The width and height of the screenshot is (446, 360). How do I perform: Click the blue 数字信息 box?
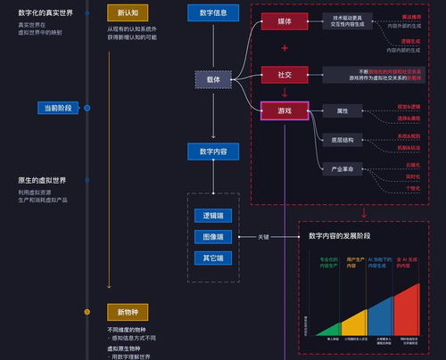(213, 13)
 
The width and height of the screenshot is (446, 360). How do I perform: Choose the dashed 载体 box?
(213, 79)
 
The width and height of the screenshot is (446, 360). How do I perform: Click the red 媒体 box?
(283, 20)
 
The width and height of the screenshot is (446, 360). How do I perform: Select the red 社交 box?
(283, 74)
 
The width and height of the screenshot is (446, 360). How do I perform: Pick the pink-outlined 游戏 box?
(283, 110)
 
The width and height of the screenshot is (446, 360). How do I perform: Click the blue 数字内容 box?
(213, 151)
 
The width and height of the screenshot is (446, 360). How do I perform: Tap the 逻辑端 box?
(213, 216)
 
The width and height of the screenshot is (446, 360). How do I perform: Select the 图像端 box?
(213, 237)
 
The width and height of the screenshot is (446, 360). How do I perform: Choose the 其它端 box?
(213, 258)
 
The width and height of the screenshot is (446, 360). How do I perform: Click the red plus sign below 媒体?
(285, 48)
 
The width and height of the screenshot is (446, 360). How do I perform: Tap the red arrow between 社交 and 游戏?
(285, 93)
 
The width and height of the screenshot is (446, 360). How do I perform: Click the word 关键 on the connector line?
(263, 237)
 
